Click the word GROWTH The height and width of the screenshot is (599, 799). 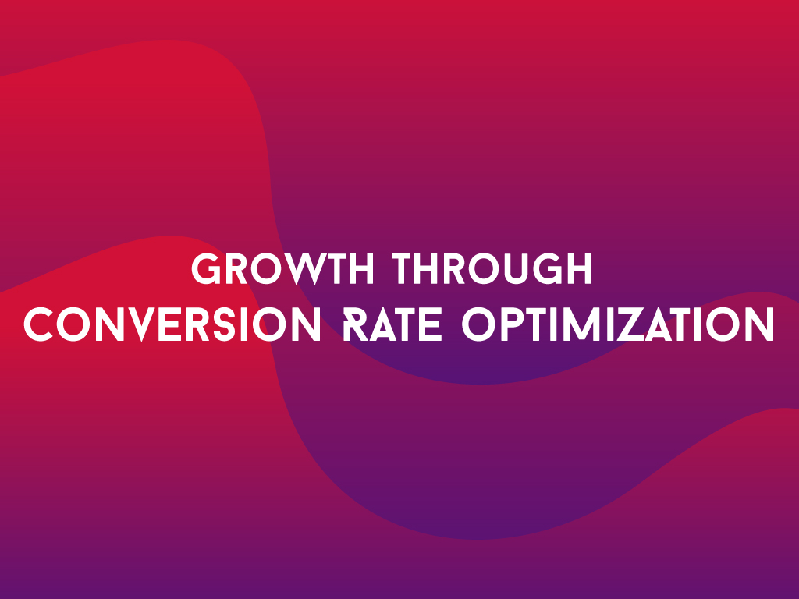tap(282, 268)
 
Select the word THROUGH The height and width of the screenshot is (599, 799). tap(492, 268)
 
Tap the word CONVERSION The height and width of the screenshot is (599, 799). tap(172, 324)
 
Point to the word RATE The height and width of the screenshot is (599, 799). tap(392, 324)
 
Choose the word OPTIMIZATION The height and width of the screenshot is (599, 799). tap(618, 324)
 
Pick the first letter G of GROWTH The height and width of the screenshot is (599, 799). tap(205, 269)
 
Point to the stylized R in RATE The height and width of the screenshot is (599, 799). tap(355, 324)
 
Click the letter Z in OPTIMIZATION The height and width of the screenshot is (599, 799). tap(632, 324)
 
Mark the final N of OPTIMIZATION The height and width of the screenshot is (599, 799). tap(760, 324)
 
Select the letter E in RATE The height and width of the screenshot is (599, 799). tap(431, 324)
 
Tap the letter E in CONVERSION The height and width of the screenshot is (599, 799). tap(169, 324)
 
